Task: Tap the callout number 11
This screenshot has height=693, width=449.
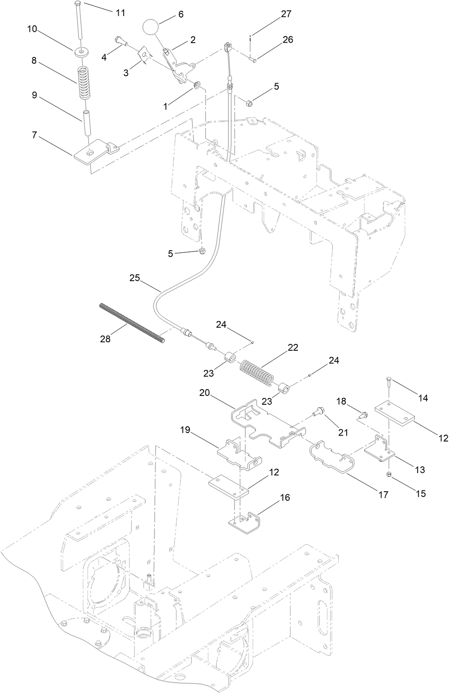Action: [x=121, y=13]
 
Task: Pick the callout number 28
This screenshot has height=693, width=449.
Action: [x=105, y=338]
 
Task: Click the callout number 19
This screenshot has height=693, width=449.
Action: [x=185, y=430]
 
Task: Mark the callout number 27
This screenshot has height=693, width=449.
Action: [x=286, y=14]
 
